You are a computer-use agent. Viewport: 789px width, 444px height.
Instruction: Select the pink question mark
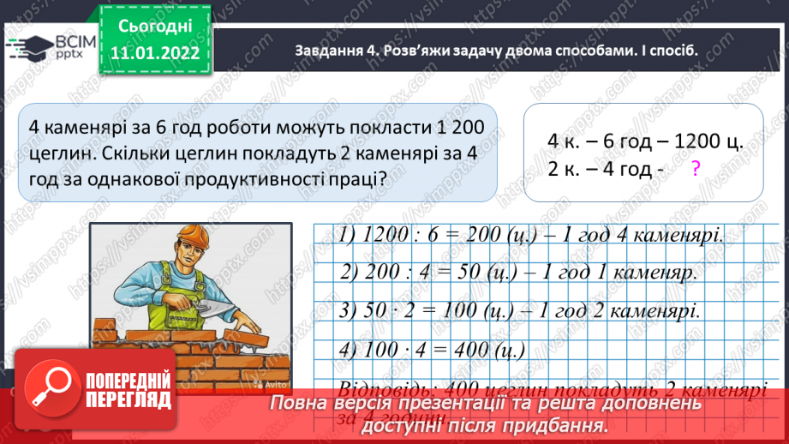point(695,170)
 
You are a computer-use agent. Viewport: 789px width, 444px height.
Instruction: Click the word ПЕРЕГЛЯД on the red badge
point(130,400)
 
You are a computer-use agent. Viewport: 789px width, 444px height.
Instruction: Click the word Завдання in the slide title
point(323,50)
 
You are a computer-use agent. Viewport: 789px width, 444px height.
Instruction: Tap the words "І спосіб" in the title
point(670,50)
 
